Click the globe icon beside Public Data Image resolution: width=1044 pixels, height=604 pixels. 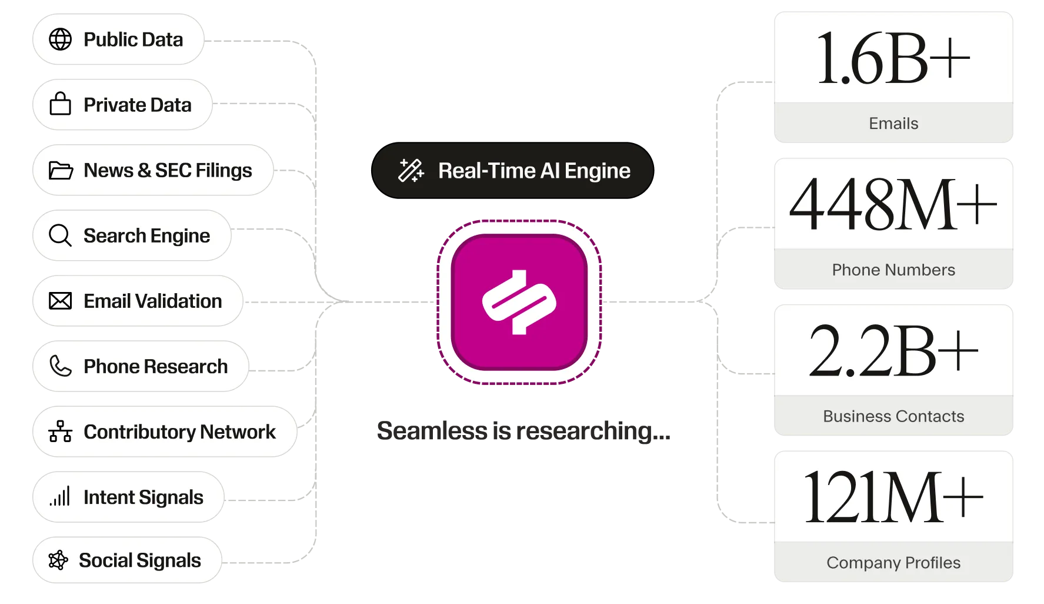[x=60, y=39]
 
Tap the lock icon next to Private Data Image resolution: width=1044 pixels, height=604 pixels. [x=60, y=104]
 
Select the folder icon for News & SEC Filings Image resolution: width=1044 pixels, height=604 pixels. [x=61, y=170]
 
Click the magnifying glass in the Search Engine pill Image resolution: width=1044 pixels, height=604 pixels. [x=60, y=235]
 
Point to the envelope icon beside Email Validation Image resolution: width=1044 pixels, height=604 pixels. [x=60, y=301]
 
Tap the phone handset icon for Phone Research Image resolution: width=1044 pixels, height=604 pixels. [x=60, y=366]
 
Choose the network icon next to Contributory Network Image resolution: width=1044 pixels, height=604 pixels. [x=60, y=431]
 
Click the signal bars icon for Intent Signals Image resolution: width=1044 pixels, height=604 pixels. [x=60, y=496]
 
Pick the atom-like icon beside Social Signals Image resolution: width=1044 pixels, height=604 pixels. [x=58, y=560]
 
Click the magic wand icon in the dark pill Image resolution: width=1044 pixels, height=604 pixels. [x=411, y=170]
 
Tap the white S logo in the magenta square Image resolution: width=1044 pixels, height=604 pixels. [x=519, y=302]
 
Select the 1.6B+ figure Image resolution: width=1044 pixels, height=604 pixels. [x=893, y=59]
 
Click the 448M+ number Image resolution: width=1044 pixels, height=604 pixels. [x=893, y=204]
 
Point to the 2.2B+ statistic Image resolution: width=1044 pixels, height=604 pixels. [x=893, y=351]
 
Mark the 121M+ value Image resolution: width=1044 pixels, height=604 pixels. [x=893, y=497]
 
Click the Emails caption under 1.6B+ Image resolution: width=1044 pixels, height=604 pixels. [x=893, y=124]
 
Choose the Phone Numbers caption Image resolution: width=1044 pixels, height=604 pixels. [x=893, y=270]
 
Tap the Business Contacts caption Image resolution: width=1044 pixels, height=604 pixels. [x=893, y=416]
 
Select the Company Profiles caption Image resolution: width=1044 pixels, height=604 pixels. [x=893, y=563]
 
